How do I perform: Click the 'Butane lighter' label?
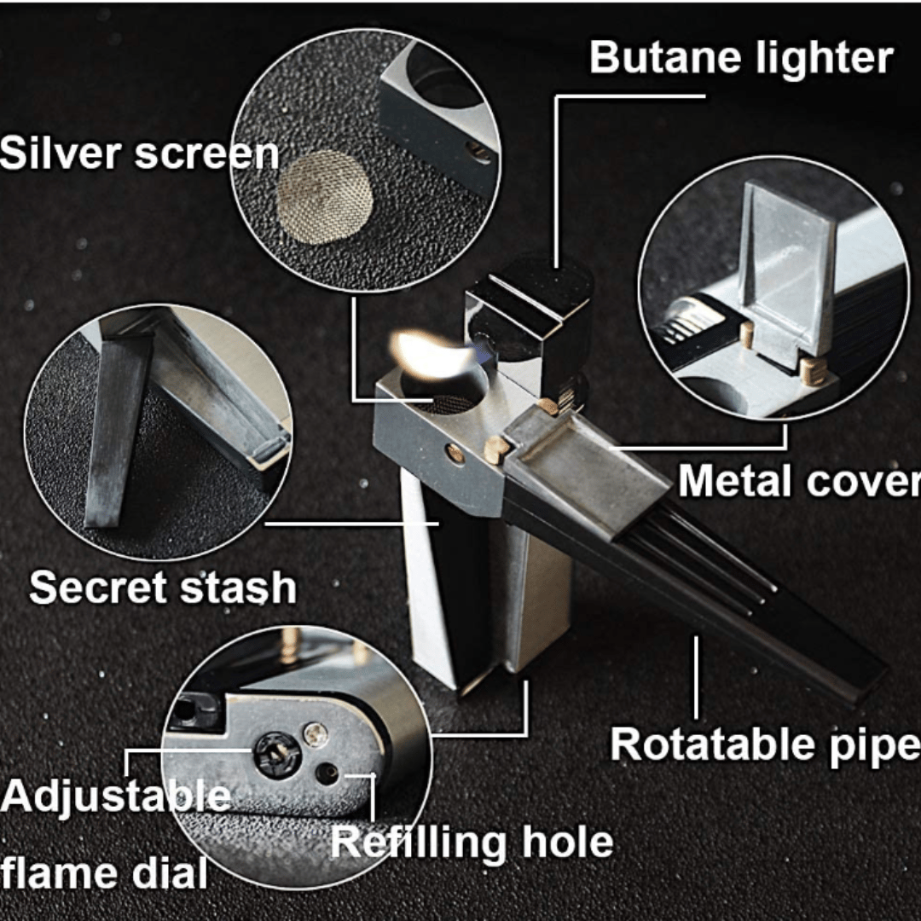[741, 58]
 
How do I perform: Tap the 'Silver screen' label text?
[139, 153]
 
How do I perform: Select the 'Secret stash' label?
[163, 587]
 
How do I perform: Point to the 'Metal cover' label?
[799, 481]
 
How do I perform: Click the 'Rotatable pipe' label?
[765, 745]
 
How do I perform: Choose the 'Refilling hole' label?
[472, 843]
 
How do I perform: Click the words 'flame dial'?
[104, 873]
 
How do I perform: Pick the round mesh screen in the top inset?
[325, 196]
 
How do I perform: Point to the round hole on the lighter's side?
[454, 452]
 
